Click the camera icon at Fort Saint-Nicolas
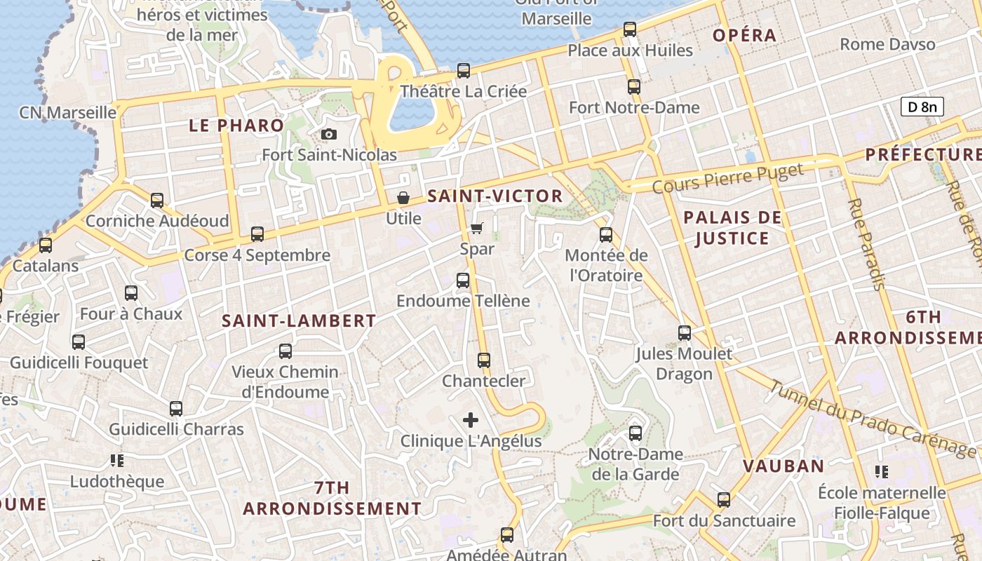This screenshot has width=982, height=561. tap(328, 134)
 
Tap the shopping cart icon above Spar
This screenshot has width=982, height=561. tap(477, 228)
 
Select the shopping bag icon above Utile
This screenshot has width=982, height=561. tap(403, 198)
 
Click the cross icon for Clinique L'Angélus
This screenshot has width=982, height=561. tap(471, 420)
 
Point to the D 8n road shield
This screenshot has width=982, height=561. tap(922, 107)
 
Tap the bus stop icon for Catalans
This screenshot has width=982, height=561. tap(46, 245)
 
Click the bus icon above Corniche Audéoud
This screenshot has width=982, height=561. tap(157, 201)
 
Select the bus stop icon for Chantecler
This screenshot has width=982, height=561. tap(483, 360)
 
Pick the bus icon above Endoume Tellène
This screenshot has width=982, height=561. tap(463, 280)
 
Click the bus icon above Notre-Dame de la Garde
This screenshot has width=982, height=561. tap(635, 433)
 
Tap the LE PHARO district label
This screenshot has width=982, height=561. tap(236, 126)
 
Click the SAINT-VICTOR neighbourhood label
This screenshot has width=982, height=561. tap(495, 196)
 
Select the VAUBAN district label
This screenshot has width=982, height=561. tap(783, 466)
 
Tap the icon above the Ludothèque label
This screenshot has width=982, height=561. tap(116, 461)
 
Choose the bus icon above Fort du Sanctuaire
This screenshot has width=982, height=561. tap(724, 500)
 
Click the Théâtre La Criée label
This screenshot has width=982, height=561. tap(463, 92)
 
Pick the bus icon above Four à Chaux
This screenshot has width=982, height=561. tap(131, 293)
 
